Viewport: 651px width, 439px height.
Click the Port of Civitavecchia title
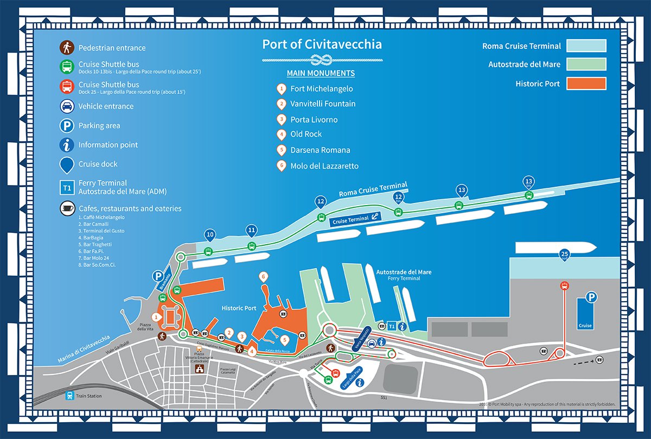coord(322,44)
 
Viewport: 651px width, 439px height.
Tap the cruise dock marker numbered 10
coord(209,235)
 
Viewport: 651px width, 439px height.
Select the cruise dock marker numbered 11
coord(251,230)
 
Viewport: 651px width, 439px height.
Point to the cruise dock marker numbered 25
coord(564,255)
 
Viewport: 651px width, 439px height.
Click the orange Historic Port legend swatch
coord(586,84)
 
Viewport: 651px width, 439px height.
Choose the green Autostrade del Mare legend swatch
coord(586,65)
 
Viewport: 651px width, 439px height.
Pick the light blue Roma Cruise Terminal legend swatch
coord(586,46)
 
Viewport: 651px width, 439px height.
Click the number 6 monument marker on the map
coord(264,277)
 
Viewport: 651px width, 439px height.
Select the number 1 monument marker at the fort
coord(157,316)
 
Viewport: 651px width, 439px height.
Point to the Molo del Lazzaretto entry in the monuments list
coord(324,166)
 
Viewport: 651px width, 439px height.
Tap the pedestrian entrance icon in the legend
coord(67,48)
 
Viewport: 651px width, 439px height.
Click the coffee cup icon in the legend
coord(67,208)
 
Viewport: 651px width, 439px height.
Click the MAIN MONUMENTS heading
coord(321,73)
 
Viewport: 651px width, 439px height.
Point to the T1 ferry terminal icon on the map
coord(391,326)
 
